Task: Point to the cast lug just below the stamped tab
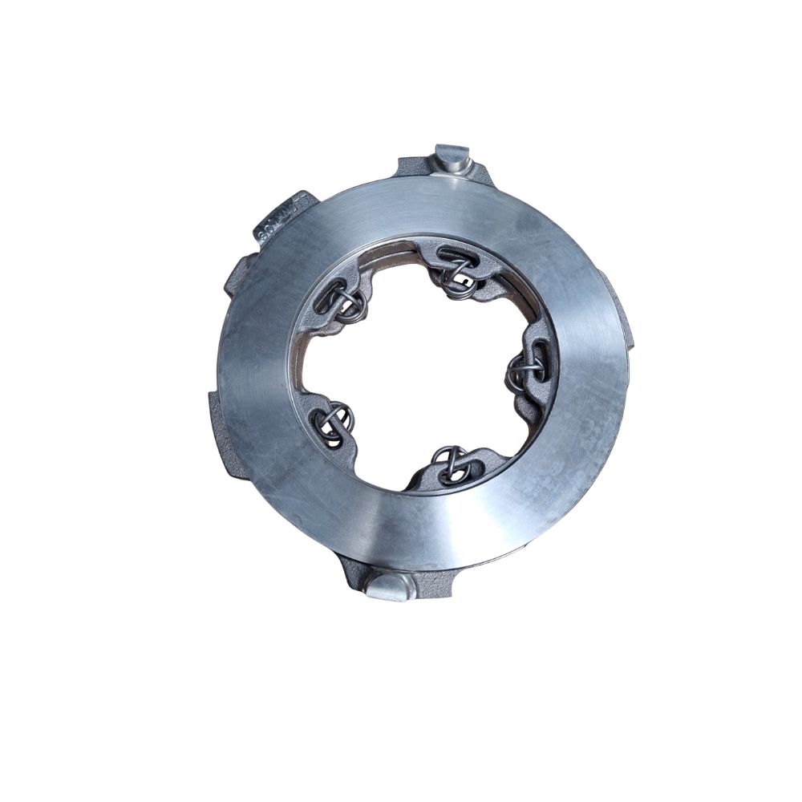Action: (x=237, y=277)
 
